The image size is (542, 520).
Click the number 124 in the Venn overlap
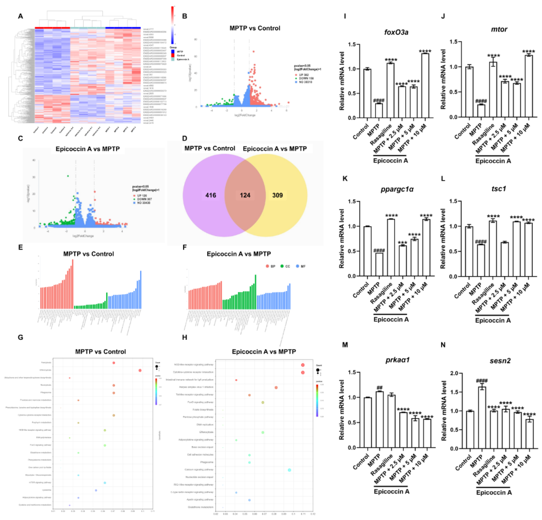click(245, 195)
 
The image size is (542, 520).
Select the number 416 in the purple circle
click(211, 195)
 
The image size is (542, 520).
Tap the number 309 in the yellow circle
click(277, 195)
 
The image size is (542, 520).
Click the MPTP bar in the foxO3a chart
click(379, 111)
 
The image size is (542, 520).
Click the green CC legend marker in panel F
click(282, 266)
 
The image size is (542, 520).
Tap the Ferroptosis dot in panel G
click(114, 363)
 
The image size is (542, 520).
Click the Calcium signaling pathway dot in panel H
click(289, 470)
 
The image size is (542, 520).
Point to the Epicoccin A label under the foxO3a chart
click(390, 161)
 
